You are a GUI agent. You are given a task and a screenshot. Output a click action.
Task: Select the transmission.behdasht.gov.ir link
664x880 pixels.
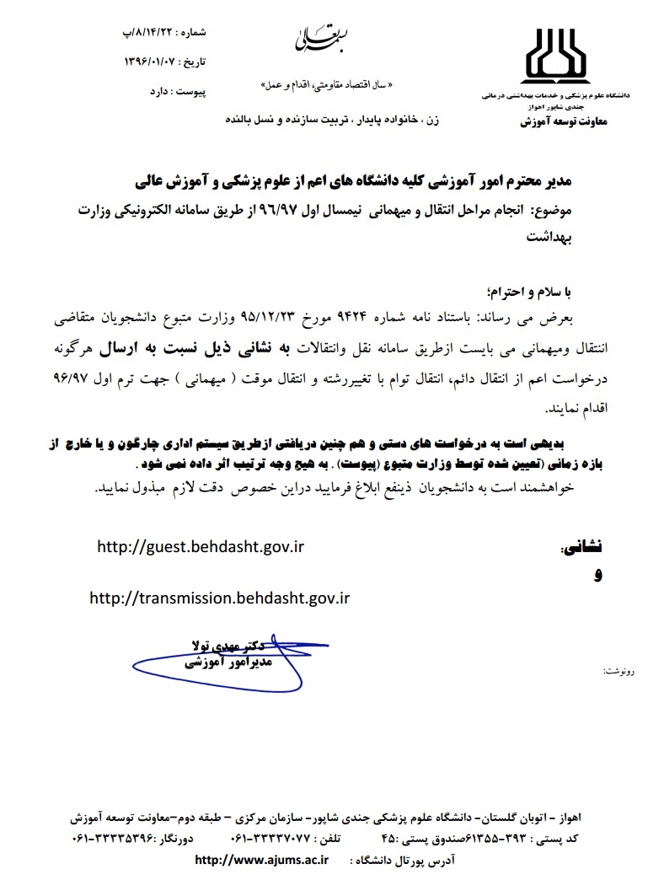pyautogui.click(x=218, y=598)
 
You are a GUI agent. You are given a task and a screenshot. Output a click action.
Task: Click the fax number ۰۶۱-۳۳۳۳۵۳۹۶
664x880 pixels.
pyautogui.click(x=116, y=839)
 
